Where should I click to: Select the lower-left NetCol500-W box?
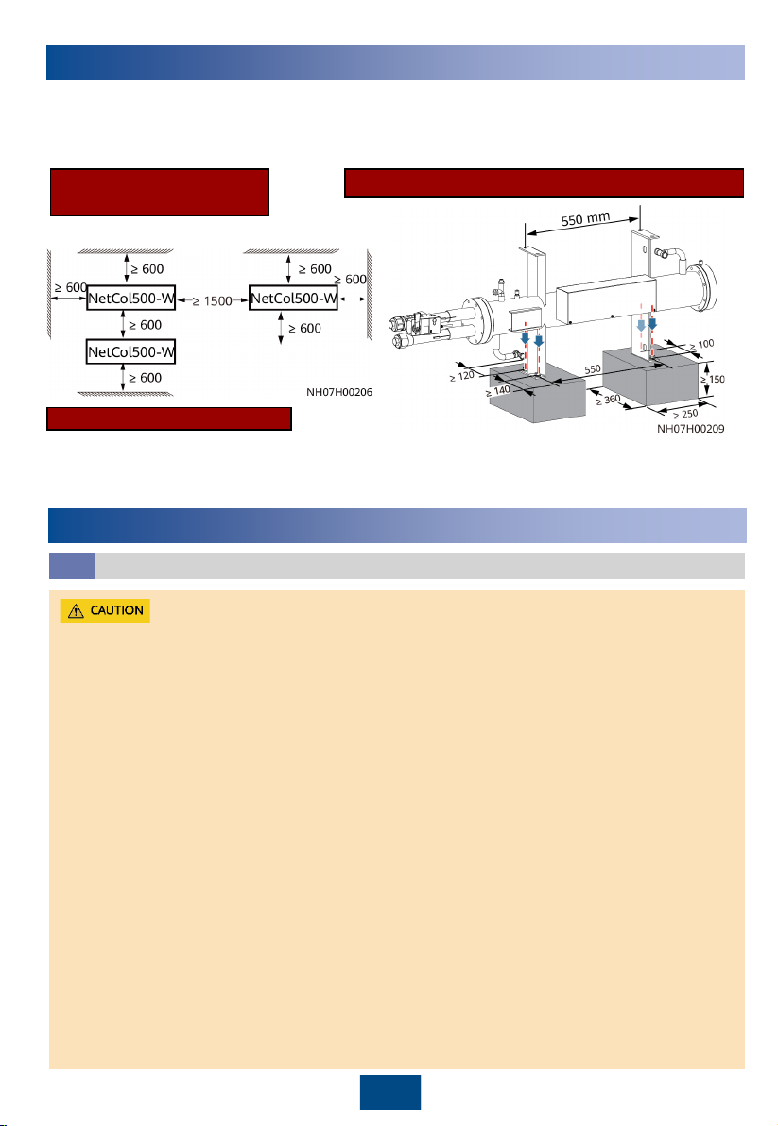(131, 352)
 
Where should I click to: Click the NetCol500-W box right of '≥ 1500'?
(293, 299)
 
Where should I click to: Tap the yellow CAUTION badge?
(105, 610)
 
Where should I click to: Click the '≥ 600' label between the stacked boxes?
(146, 325)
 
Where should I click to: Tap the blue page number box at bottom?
(389, 1092)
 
